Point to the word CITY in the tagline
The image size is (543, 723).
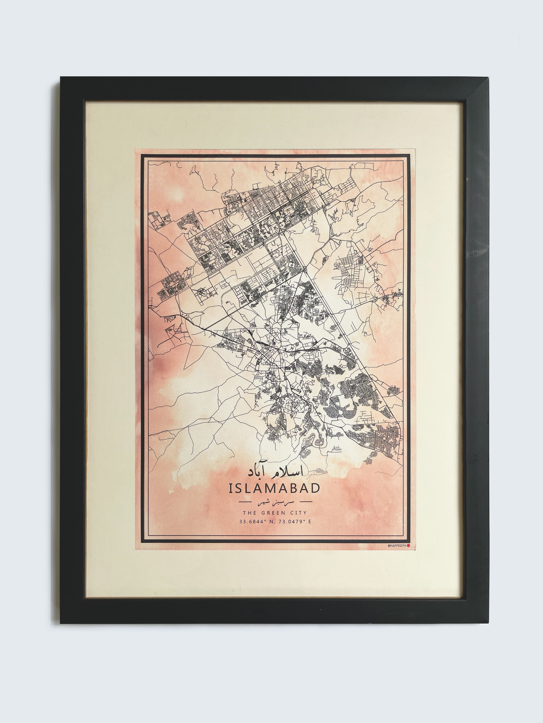298,513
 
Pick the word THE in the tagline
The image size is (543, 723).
249,513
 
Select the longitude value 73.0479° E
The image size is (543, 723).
294,522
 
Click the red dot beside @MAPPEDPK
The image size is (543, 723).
408,546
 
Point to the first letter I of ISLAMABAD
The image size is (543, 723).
230,488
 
